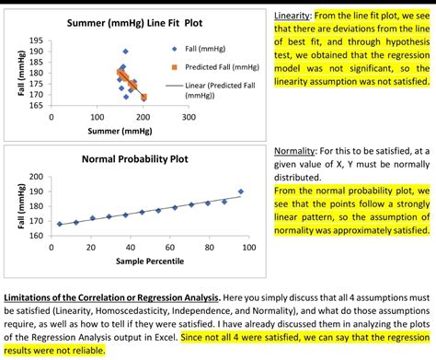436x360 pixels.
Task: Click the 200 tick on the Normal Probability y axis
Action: tap(36, 177)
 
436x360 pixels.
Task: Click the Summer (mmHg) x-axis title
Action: tap(119, 132)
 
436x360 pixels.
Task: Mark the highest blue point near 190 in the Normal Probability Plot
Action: tap(241, 192)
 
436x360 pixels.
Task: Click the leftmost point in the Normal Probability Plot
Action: tap(60, 224)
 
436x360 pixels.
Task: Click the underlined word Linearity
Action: tap(295, 17)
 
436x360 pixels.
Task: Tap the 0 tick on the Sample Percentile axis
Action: tap(51, 249)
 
